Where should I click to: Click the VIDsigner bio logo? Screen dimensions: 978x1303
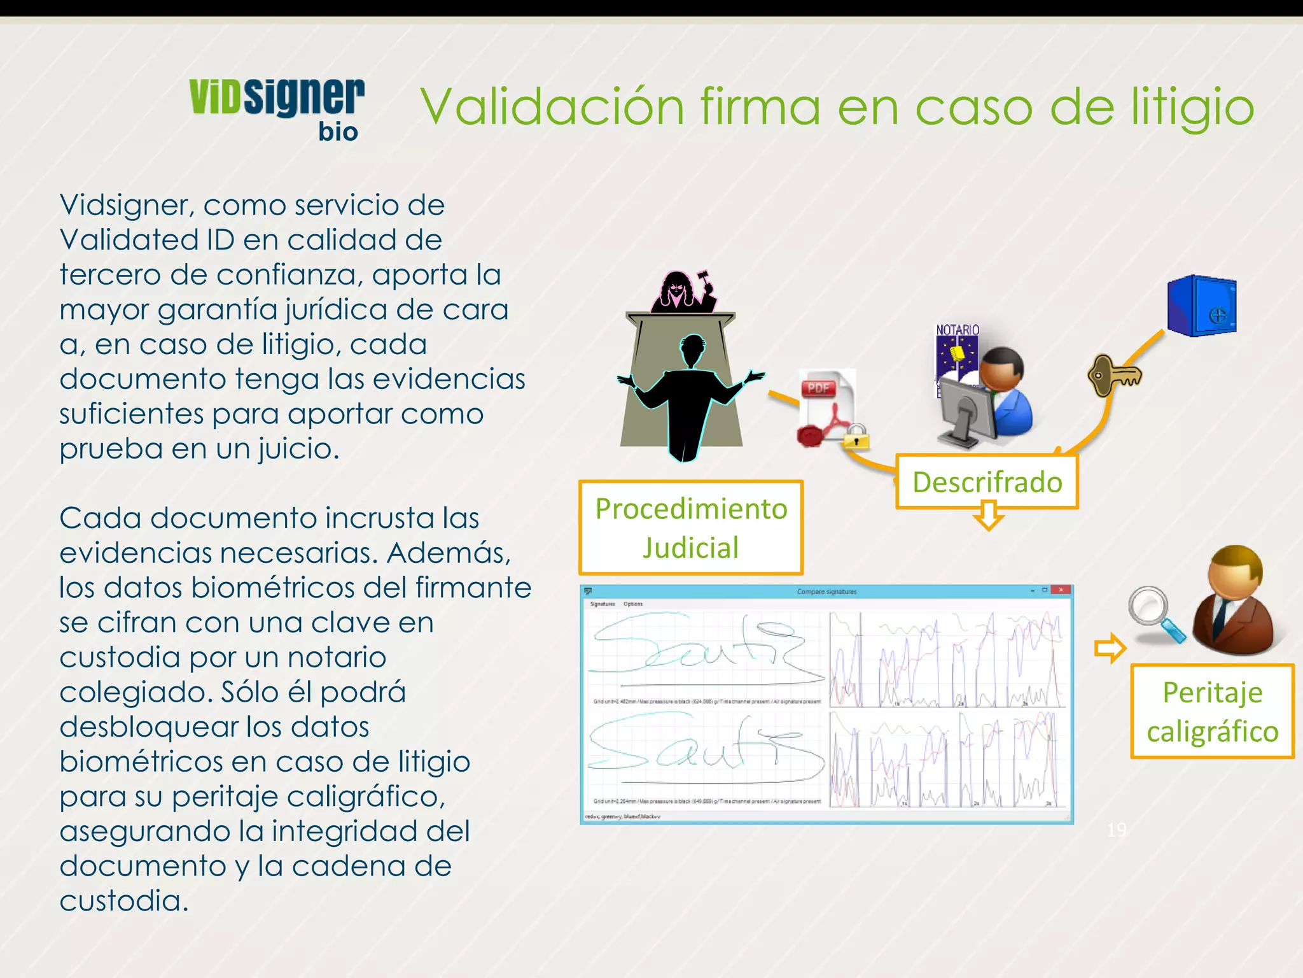(x=277, y=108)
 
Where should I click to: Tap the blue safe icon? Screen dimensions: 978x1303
(x=1201, y=306)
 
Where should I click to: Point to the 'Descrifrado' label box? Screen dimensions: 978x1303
(x=987, y=482)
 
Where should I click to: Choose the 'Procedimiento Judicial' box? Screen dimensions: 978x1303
(x=691, y=528)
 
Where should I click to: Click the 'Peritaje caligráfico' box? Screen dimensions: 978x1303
(x=1212, y=711)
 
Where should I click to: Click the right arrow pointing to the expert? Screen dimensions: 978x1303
(x=1110, y=648)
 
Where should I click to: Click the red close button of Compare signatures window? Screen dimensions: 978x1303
(x=1061, y=591)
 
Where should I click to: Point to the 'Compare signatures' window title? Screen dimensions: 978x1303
(x=826, y=592)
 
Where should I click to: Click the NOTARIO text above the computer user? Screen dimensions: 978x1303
(x=957, y=330)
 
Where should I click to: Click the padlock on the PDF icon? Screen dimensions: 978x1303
(x=856, y=437)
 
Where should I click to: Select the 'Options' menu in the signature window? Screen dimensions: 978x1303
(x=633, y=604)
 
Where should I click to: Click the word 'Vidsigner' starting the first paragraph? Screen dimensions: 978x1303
(x=125, y=205)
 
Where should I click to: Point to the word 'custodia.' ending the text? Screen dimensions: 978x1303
(x=124, y=900)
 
